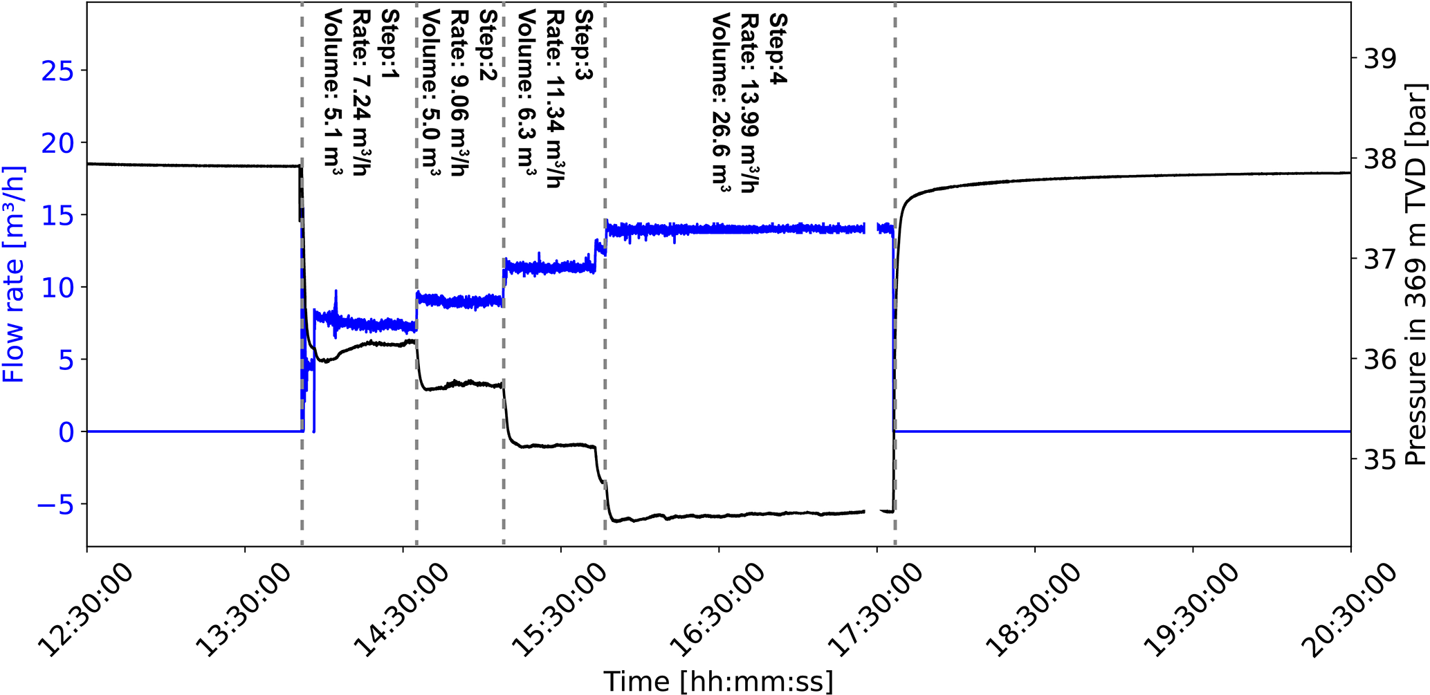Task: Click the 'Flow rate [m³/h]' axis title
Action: pyautogui.click(x=14, y=274)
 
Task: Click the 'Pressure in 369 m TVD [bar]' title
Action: pyautogui.click(x=1415, y=275)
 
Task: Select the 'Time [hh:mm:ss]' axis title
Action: pyautogui.click(x=718, y=681)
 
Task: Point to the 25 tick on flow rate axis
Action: pyautogui.click(x=59, y=71)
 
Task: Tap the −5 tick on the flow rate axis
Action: pyautogui.click(x=55, y=504)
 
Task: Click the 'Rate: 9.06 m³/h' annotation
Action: pyautogui.click(x=460, y=93)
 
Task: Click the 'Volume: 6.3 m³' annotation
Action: pyautogui.click(x=527, y=93)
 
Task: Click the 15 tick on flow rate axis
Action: pyautogui.click(x=59, y=215)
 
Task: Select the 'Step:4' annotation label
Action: pyautogui.click(x=778, y=48)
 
